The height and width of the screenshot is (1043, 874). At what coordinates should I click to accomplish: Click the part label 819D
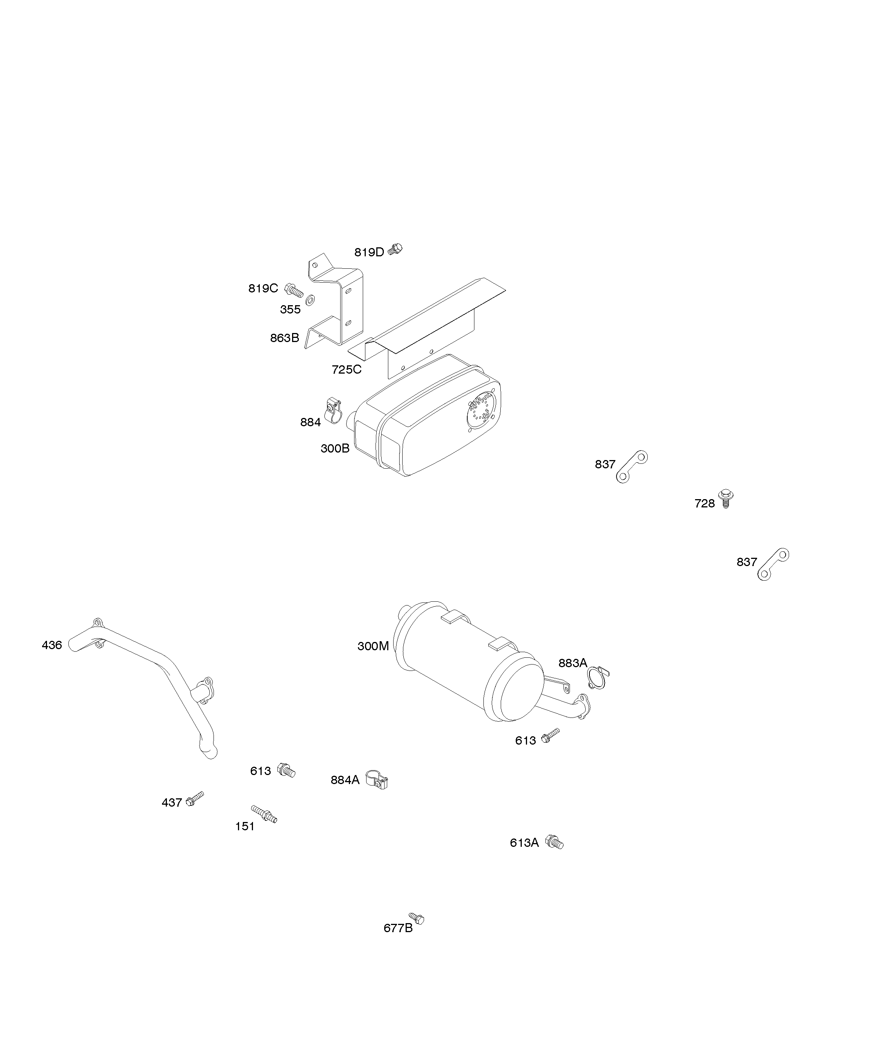pyautogui.click(x=369, y=252)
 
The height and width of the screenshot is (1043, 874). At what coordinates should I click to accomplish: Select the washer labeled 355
pyautogui.click(x=311, y=300)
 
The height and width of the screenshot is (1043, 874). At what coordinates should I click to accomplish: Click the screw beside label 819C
pyautogui.click(x=294, y=291)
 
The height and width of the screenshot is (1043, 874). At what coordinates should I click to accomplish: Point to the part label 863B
pyautogui.click(x=284, y=338)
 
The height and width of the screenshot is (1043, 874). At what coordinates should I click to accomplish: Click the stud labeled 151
pyautogui.click(x=264, y=814)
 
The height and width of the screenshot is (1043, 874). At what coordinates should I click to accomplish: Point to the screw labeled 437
pyautogui.click(x=194, y=799)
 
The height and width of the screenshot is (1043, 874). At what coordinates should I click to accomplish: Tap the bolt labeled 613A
pyautogui.click(x=554, y=842)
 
